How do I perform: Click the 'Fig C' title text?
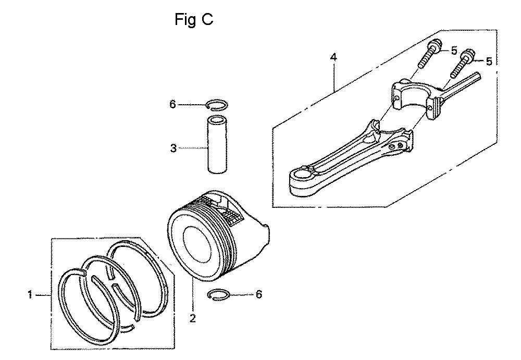point(194,20)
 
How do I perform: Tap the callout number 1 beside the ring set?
point(30,294)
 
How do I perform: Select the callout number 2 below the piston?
point(192,318)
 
